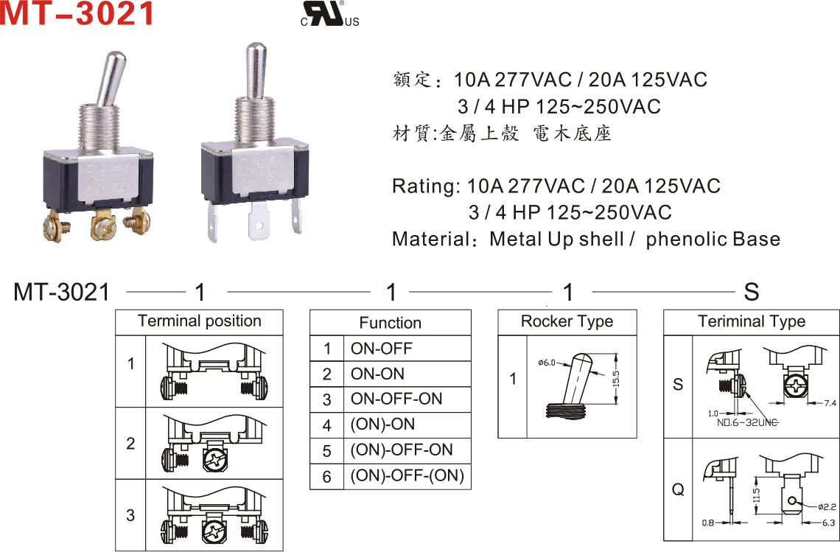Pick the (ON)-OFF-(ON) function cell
tap(407, 475)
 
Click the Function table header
tap(390, 323)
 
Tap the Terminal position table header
tap(199, 321)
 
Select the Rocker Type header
tap(567, 321)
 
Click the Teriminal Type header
tap(751, 321)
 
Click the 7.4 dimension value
tap(827, 403)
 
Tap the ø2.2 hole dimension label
tap(826, 506)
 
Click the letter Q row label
tap(678, 489)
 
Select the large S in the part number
tap(751, 293)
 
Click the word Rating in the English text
tap(422, 186)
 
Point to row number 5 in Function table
tap(326, 450)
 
